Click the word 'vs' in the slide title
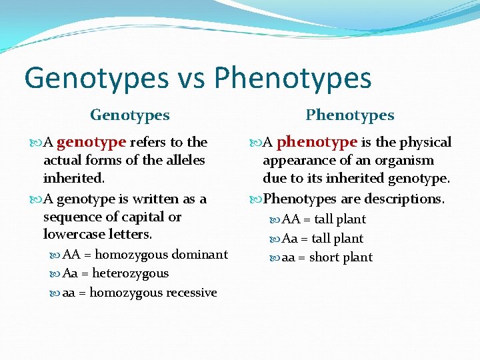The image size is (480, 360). click(191, 78)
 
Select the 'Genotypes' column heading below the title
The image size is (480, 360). click(130, 115)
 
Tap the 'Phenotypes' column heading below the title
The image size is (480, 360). click(350, 115)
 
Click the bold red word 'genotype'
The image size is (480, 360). click(91, 142)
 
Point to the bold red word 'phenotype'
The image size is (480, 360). click(317, 142)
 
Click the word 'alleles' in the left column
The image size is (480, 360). click(185, 160)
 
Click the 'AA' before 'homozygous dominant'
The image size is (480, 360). click(71, 255)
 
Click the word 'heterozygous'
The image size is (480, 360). click(131, 273)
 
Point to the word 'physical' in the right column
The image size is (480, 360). click(425, 142)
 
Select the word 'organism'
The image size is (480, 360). click(407, 160)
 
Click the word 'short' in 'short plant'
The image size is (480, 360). click(325, 257)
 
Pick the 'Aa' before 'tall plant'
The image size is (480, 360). click(290, 239)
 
